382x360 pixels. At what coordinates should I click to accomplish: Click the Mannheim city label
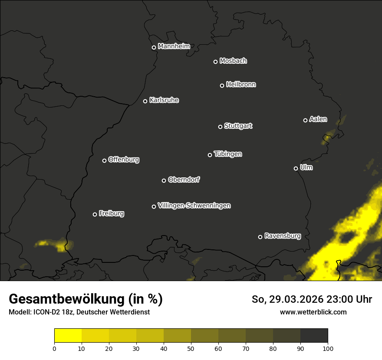click(x=174, y=46)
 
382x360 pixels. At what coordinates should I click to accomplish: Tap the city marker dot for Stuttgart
click(x=220, y=127)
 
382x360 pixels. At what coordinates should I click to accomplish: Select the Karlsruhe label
click(x=164, y=100)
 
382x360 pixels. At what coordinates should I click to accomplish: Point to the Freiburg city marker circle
click(x=95, y=214)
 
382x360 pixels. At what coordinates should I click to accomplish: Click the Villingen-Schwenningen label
click(x=194, y=206)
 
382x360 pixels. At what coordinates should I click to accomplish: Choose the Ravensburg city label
click(x=283, y=236)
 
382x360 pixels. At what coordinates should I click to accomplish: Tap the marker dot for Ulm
click(x=296, y=168)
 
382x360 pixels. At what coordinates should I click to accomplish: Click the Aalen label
click(x=318, y=119)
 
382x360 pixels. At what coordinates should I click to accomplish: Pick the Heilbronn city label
click(x=241, y=85)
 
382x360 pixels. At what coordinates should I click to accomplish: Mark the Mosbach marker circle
click(x=215, y=62)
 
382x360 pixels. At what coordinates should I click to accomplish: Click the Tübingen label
click(x=228, y=154)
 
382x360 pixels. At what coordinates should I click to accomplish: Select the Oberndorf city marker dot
click(x=164, y=180)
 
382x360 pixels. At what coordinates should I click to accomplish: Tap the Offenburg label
click(x=124, y=160)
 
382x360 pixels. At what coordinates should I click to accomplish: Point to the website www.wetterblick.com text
click(x=313, y=312)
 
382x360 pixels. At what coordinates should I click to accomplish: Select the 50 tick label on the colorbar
click(x=191, y=348)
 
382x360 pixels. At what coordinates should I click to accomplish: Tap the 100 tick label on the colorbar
click(x=328, y=348)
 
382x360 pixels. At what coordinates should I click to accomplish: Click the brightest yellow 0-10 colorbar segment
click(x=68, y=336)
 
